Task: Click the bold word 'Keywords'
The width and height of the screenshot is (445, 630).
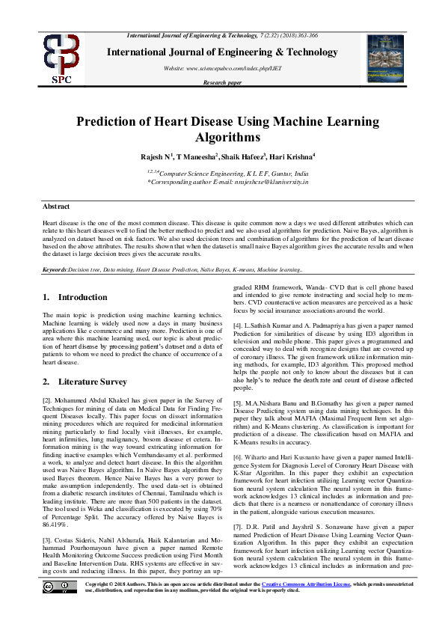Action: pyautogui.click(x=55, y=268)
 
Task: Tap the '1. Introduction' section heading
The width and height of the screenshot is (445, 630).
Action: pyautogui.click(x=75, y=298)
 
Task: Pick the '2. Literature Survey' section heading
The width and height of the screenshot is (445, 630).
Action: pyautogui.click(x=84, y=382)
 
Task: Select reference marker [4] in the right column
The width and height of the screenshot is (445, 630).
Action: pyautogui.click(x=239, y=327)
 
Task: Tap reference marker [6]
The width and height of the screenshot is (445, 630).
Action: pyautogui.click(x=239, y=456)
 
